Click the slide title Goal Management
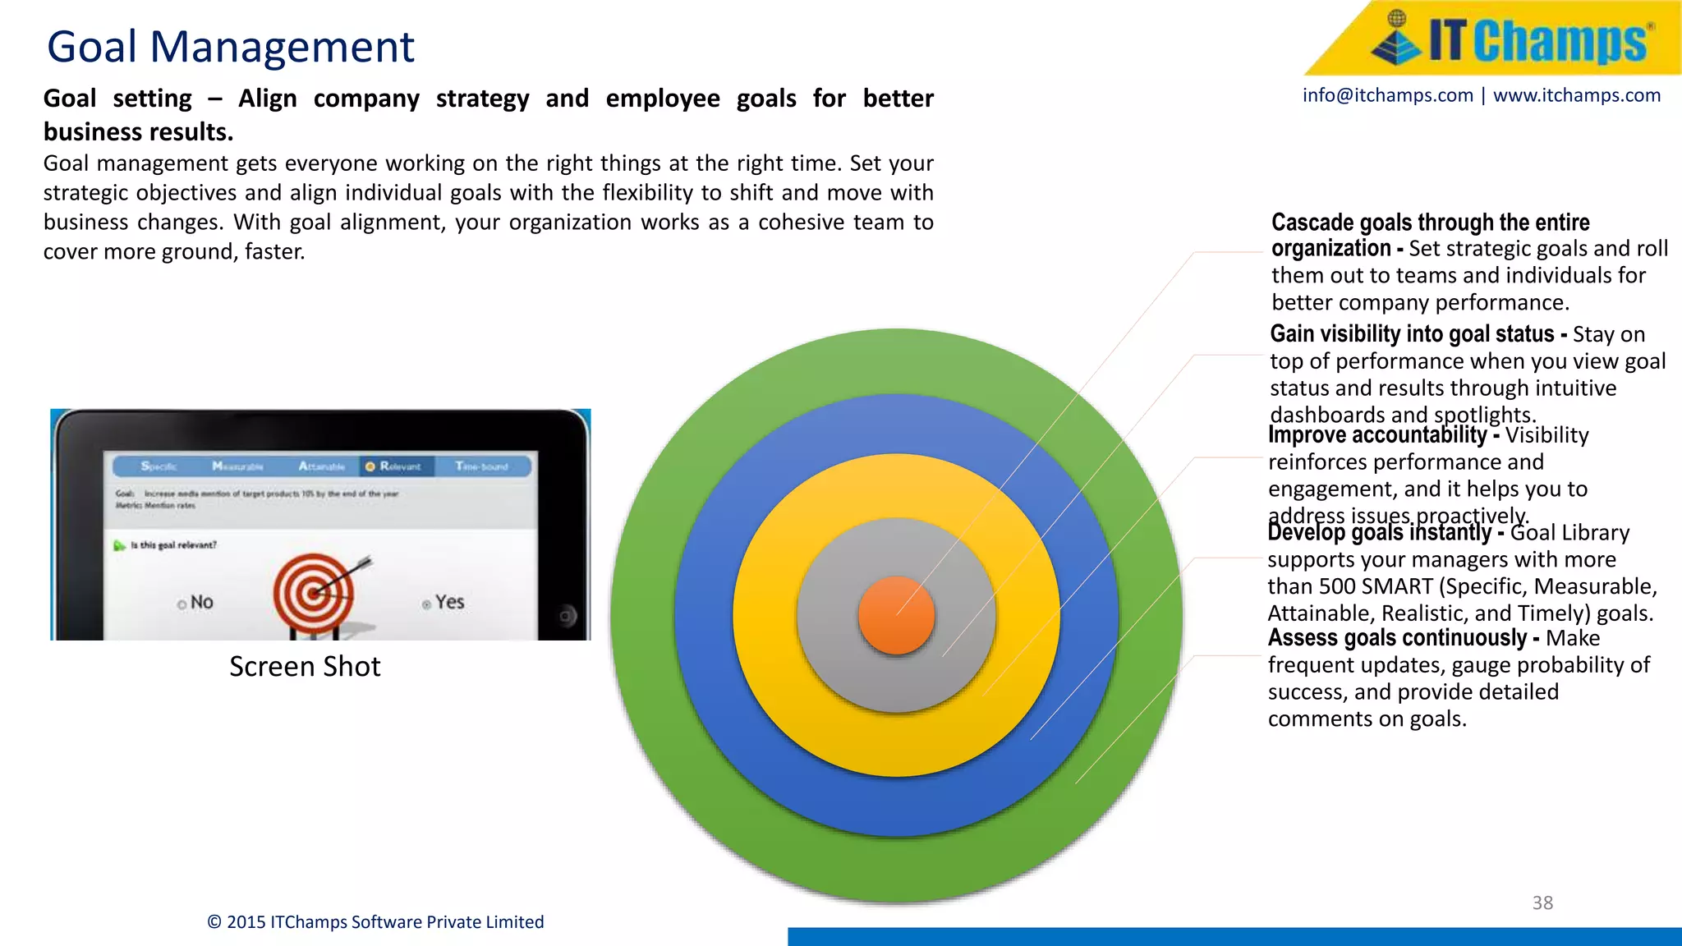pyautogui.click(x=230, y=47)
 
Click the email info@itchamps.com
pyautogui.click(x=1387, y=95)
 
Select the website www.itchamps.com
pyautogui.click(x=1576, y=95)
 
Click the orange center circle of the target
pyautogui.click(x=896, y=615)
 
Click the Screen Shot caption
pyautogui.click(x=305, y=666)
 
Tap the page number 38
pyautogui.click(x=1542, y=902)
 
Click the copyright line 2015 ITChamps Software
pyautogui.click(x=375, y=921)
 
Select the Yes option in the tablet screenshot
pyautogui.click(x=448, y=602)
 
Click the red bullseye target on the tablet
pyautogui.click(x=314, y=591)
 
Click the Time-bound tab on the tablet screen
pyautogui.click(x=481, y=466)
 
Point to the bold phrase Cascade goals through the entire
pyautogui.click(x=1430, y=223)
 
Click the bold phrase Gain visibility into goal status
pyautogui.click(x=1412, y=334)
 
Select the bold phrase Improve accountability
pyautogui.click(x=1377, y=434)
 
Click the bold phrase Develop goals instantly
pyautogui.click(x=1379, y=533)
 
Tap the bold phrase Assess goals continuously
pyautogui.click(x=1397, y=638)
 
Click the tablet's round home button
pyautogui.click(x=567, y=615)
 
